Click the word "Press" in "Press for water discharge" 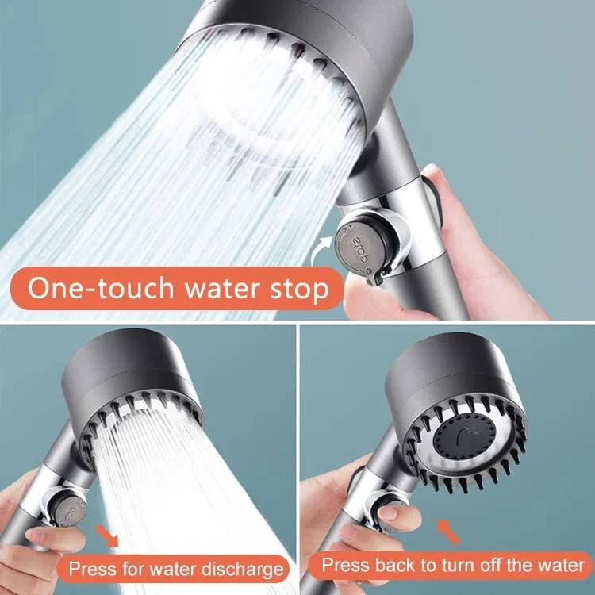[91, 568]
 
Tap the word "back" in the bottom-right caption [394, 566]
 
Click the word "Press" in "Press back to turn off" [344, 566]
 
